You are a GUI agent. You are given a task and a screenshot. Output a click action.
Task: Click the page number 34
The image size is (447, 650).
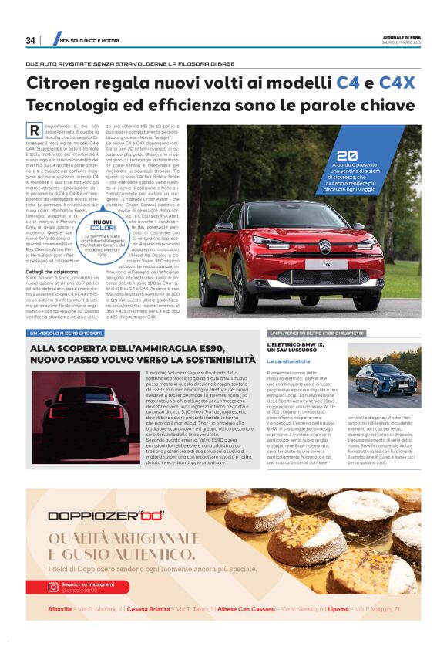(x=31, y=40)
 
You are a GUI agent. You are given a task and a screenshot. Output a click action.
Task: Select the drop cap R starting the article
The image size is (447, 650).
(x=33, y=132)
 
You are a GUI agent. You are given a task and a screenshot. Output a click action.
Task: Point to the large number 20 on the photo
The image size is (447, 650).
(x=347, y=154)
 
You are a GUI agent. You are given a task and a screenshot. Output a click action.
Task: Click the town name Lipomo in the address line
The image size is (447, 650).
(x=339, y=609)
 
